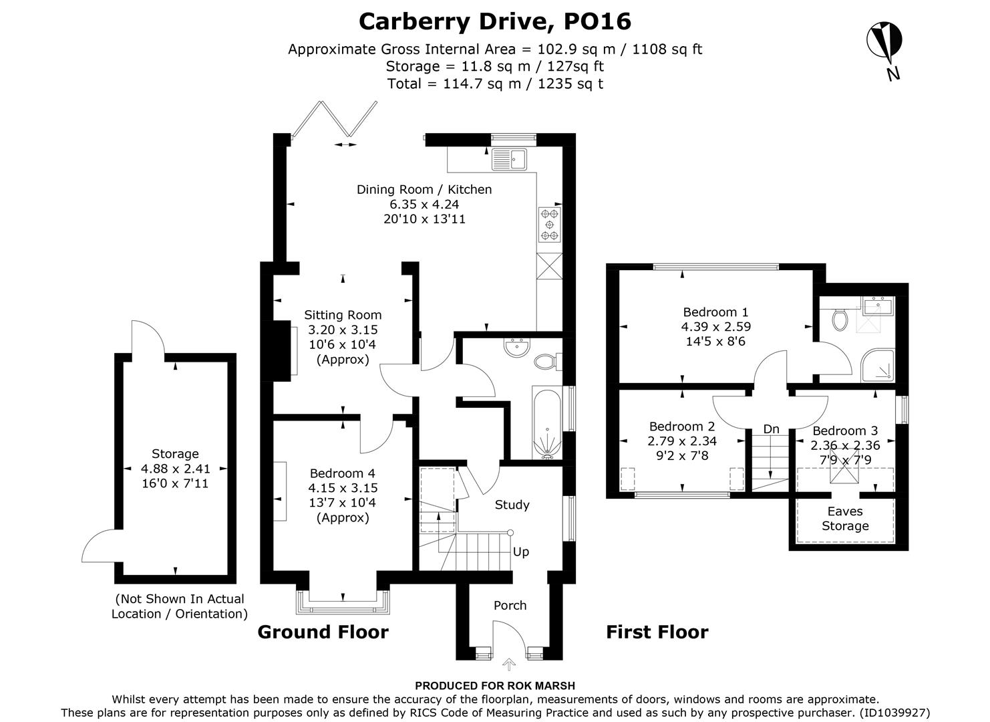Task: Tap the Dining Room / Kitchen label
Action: tap(424, 190)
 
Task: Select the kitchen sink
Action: tap(509, 158)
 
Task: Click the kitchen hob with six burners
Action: tap(550, 224)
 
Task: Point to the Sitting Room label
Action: tap(343, 315)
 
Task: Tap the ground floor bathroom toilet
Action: tap(547, 362)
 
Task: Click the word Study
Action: tap(512, 505)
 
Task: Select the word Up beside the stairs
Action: tap(521, 552)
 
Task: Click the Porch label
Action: tap(510, 606)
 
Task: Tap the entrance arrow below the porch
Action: tap(509, 664)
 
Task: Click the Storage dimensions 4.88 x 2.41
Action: tap(174, 469)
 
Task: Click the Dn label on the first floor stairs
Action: tap(771, 429)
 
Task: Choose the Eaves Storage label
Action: tap(845, 519)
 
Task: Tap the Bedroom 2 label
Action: tap(682, 427)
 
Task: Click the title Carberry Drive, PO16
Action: tap(494, 21)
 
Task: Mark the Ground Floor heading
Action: tap(323, 632)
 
